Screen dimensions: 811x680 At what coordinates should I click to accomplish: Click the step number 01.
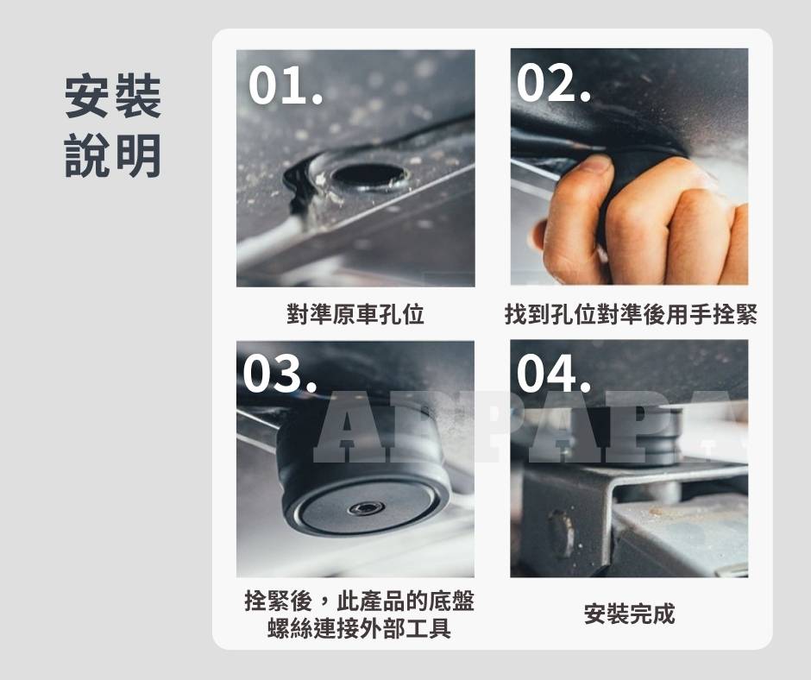[x=286, y=85]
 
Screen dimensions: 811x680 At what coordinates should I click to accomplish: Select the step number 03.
[x=280, y=374]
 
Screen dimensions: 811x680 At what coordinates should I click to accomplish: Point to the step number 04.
[x=553, y=373]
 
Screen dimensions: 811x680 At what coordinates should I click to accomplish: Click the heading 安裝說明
[x=113, y=126]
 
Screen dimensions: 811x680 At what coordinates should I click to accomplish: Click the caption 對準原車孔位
[x=355, y=313]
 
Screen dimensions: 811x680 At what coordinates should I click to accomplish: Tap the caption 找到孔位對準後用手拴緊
[x=631, y=313]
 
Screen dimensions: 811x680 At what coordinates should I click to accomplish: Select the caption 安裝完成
[x=630, y=614]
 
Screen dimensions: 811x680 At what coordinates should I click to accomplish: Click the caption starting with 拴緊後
[x=359, y=614]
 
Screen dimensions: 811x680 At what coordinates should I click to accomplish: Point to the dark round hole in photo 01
[x=368, y=175]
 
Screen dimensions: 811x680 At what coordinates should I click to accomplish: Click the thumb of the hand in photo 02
[x=574, y=207]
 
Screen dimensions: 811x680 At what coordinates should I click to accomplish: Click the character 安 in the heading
[x=87, y=97]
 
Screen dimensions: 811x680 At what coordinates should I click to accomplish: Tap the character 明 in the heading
[x=139, y=155]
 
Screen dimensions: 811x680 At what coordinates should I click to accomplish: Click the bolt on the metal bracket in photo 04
[x=560, y=533]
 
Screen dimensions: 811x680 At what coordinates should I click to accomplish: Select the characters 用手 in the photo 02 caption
[x=688, y=313]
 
